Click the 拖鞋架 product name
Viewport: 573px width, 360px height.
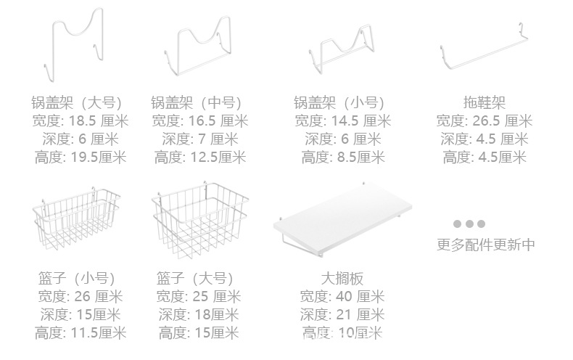coord(484,102)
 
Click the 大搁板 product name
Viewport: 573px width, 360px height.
coord(342,278)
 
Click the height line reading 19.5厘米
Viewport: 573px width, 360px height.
coord(80,157)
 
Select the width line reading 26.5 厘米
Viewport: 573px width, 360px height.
coord(484,120)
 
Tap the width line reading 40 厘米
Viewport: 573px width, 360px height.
coord(342,296)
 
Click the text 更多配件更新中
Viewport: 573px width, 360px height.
coord(486,245)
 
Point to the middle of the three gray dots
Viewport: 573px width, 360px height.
coord(469,224)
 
